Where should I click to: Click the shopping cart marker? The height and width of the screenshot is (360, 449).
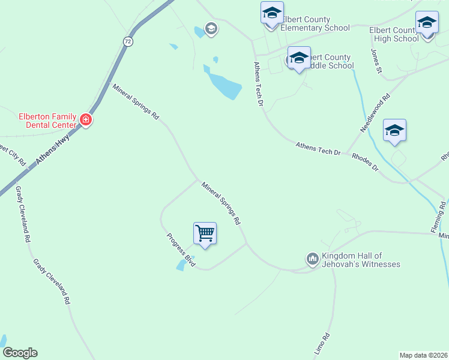tap(205, 233)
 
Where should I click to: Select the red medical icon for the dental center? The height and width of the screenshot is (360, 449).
tap(86, 121)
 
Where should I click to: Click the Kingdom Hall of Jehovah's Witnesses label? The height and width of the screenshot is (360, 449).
tap(361, 260)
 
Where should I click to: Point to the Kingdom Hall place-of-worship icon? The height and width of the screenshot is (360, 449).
tap(312, 259)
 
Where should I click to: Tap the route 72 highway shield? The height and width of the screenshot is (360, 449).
tap(127, 41)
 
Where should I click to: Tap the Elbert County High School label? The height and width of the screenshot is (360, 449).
tap(394, 34)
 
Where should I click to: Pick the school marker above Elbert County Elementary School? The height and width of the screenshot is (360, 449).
tap(272, 12)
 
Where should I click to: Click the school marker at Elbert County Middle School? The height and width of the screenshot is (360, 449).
tap(299, 58)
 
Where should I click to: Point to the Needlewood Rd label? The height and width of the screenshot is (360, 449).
tap(375, 113)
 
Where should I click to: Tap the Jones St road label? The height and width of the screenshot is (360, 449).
tap(376, 62)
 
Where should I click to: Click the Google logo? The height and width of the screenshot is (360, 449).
tap(20, 353)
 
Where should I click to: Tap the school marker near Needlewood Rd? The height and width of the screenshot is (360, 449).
tap(394, 130)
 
